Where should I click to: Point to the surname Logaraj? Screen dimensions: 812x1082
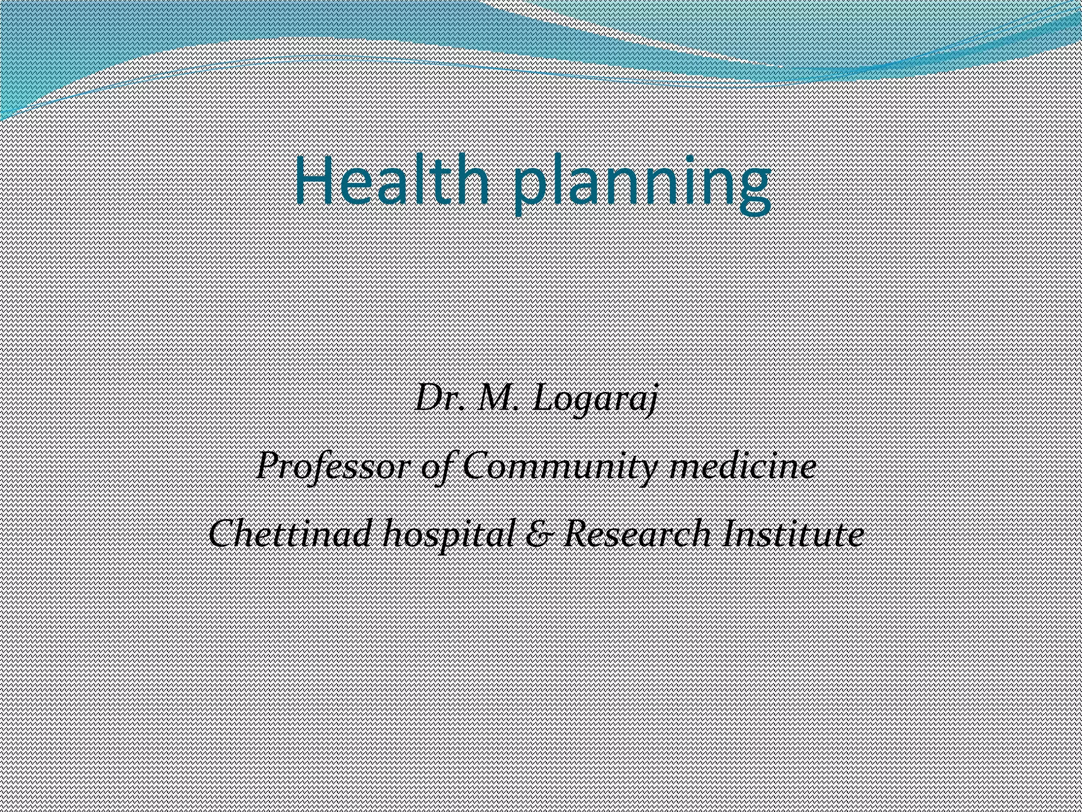595,401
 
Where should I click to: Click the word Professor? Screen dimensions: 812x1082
333,468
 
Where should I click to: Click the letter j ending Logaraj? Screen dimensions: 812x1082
651,402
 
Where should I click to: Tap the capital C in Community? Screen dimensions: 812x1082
478,467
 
